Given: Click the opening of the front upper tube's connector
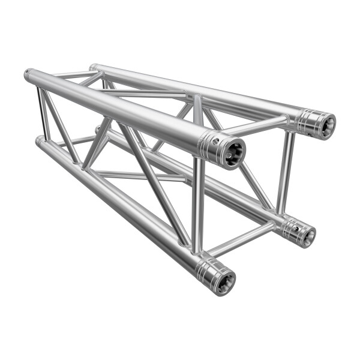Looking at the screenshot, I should click(233, 152).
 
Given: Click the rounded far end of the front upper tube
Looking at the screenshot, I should click(28, 75).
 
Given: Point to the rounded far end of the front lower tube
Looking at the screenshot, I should click(38, 140).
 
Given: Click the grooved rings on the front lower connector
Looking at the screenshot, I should click(207, 271).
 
